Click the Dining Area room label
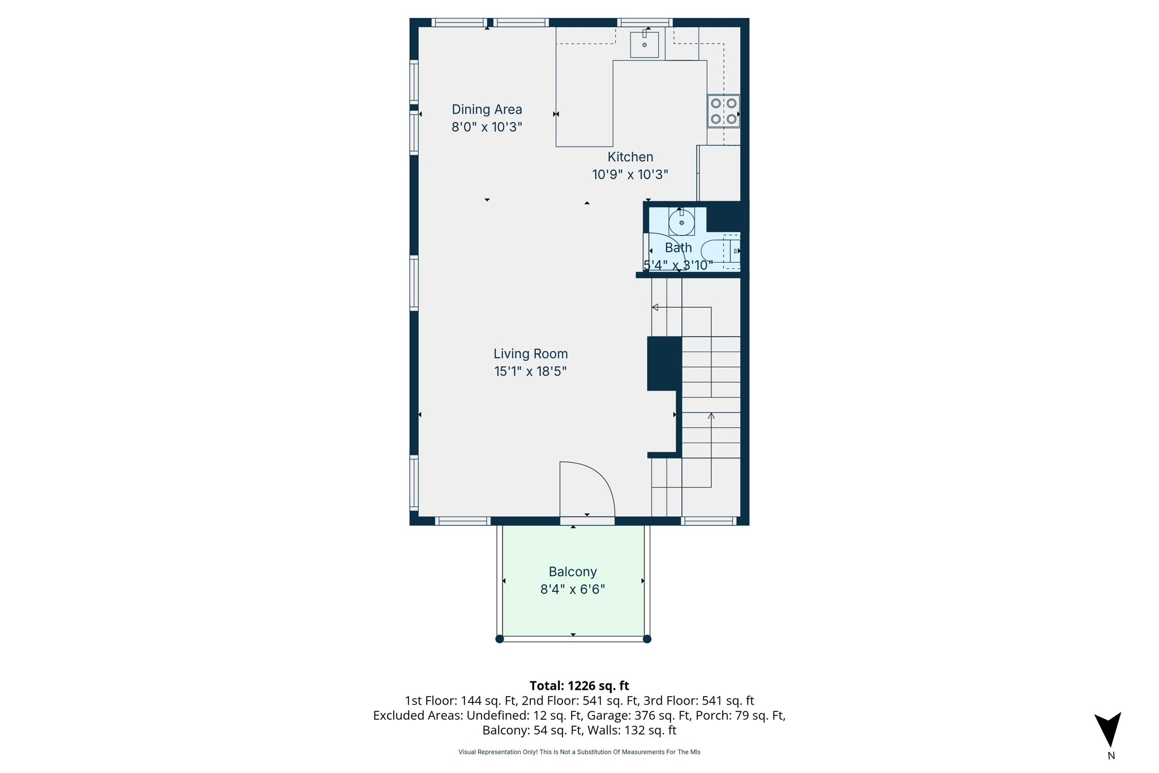[x=487, y=109]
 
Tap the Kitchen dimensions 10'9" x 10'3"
[x=630, y=174]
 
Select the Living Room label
[x=530, y=354]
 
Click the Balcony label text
[x=573, y=572]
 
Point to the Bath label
[x=678, y=248]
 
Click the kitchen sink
[x=645, y=45]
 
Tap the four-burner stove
[x=723, y=111]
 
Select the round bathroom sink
[x=681, y=222]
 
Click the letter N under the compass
[x=1111, y=755]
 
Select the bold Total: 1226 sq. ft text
[x=579, y=686]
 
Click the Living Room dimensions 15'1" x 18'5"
[x=530, y=371]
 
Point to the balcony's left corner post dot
[x=499, y=639]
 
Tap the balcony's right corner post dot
[x=647, y=639]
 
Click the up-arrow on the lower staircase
[x=711, y=416]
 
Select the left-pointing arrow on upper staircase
[x=655, y=307]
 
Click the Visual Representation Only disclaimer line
[x=579, y=752]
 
